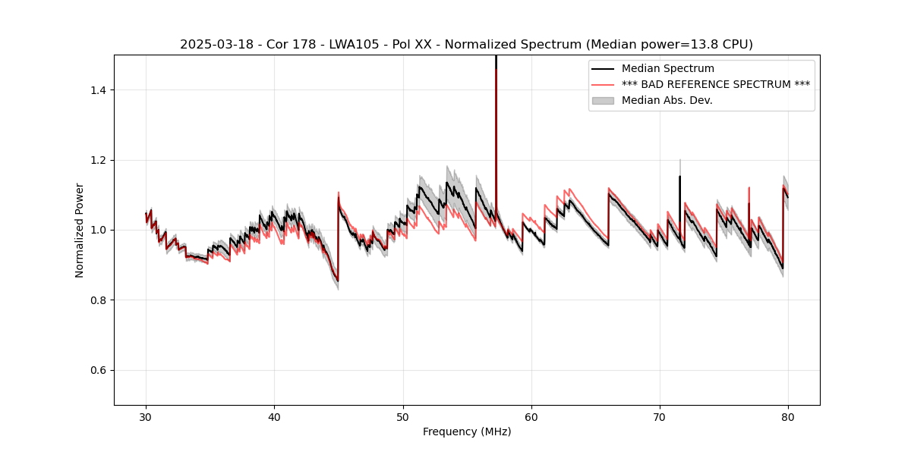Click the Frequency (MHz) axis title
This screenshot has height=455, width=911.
pos(467,431)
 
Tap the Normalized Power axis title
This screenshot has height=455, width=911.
pos(80,230)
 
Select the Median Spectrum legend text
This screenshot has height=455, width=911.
pos(668,69)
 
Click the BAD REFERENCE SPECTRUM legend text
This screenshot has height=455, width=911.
pos(716,84)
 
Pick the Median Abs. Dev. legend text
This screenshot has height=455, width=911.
pos(667,100)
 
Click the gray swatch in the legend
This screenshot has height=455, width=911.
pos(603,100)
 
